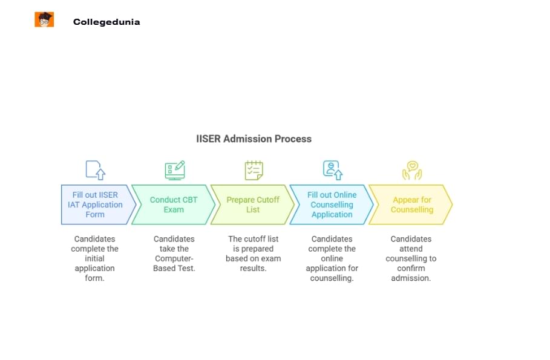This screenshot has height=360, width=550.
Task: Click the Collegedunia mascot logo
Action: pos(44,20)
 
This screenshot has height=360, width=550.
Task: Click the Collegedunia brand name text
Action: pos(106,22)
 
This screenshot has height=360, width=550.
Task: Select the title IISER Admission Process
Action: pos(254,139)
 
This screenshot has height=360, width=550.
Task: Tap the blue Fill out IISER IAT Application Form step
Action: pos(96,205)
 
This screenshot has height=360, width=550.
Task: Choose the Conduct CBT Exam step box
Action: pos(174,205)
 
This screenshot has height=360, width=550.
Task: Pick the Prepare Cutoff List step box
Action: pos(253,205)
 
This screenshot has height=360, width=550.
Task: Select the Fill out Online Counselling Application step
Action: pos(332,205)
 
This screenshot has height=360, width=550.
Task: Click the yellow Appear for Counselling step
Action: pos(411,205)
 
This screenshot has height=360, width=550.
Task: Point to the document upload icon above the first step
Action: pos(95,170)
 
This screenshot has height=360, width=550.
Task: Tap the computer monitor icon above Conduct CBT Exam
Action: pos(174,170)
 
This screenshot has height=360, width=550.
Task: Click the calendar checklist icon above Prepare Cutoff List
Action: pos(254,170)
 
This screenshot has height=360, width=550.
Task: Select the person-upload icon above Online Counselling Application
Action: pos(332,170)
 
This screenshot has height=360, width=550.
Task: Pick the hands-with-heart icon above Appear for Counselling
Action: pos(412,170)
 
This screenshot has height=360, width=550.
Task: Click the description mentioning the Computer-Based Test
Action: pos(174,254)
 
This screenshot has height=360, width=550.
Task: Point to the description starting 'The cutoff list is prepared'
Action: pos(254,254)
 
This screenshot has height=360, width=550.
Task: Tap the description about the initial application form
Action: pos(95,258)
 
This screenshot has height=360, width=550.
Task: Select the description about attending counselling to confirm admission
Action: pos(411,258)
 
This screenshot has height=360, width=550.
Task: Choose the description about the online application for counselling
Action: pos(332,258)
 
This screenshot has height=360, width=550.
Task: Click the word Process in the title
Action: pos(293,139)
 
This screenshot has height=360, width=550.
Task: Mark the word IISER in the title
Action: pos(209,139)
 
